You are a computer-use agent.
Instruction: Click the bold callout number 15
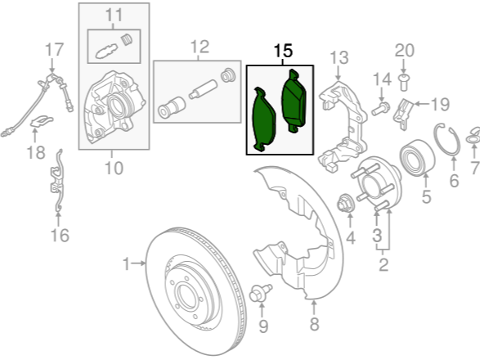click(x=283, y=51)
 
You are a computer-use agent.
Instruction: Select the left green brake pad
click(x=263, y=119)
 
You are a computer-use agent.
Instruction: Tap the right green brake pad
click(x=294, y=101)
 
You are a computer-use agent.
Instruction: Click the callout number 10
click(x=114, y=168)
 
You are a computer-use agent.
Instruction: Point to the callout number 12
click(x=200, y=47)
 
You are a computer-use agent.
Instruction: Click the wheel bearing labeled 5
click(x=417, y=157)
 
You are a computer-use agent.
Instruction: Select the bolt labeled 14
click(x=381, y=109)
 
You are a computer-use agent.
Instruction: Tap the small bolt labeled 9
click(x=260, y=293)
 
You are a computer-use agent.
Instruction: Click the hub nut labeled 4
click(x=346, y=203)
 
